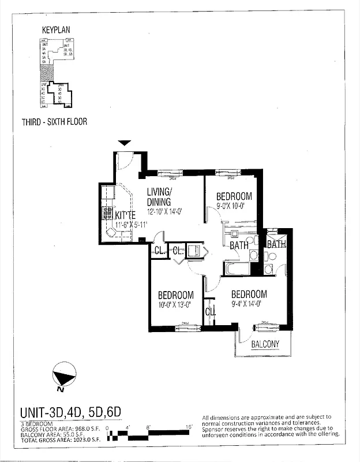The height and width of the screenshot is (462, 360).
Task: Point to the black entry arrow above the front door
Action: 124,143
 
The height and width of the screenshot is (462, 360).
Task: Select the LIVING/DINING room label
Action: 159,197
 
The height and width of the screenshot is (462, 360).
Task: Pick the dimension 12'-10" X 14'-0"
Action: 164,211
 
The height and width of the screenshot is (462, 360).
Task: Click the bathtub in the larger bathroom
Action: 238,269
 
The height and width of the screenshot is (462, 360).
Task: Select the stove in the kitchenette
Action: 107,213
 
